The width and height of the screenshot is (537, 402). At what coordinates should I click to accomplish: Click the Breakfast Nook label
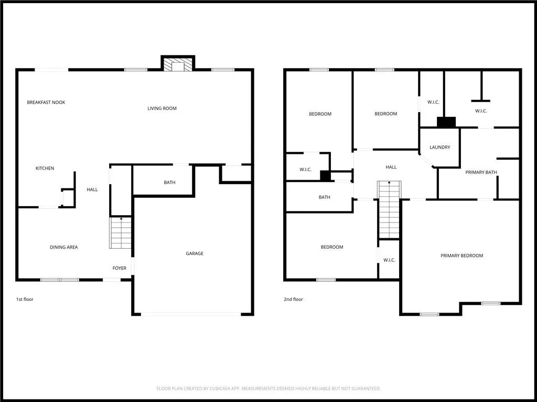coord(46,102)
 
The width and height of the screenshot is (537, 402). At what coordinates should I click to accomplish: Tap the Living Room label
coord(162,108)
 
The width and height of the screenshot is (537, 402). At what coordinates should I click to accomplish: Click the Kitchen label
coord(45,168)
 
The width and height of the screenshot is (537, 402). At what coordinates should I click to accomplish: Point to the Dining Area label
coord(64,247)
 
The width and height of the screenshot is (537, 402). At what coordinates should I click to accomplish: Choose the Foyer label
coord(120,268)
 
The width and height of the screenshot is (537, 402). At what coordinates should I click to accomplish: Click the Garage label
coord(195,253)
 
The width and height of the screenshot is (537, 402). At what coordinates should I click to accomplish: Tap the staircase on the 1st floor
coord(121,233)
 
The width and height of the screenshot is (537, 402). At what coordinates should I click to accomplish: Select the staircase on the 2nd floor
coord(389,209)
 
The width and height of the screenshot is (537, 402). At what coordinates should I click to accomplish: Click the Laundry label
coord(440,147)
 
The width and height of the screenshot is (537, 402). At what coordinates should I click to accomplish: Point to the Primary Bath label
coord(481,172)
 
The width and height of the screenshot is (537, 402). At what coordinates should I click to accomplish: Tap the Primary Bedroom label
coord(461,255)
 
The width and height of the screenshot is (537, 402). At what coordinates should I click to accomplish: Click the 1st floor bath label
coord(169,183)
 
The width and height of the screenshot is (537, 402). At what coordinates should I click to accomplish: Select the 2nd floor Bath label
coord(325,197)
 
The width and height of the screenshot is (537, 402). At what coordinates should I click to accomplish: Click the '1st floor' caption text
coord(25,299)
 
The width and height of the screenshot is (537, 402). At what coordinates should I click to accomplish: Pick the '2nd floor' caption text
coord(294,299)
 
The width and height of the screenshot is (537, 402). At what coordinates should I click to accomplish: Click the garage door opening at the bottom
coord(191,314)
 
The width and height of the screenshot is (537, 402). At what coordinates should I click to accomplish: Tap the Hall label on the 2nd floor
coord(391,167)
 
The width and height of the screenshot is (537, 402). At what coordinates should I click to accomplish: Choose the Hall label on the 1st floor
coord(92,189)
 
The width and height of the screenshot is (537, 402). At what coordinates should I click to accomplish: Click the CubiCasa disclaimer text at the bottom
coord(268,388)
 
